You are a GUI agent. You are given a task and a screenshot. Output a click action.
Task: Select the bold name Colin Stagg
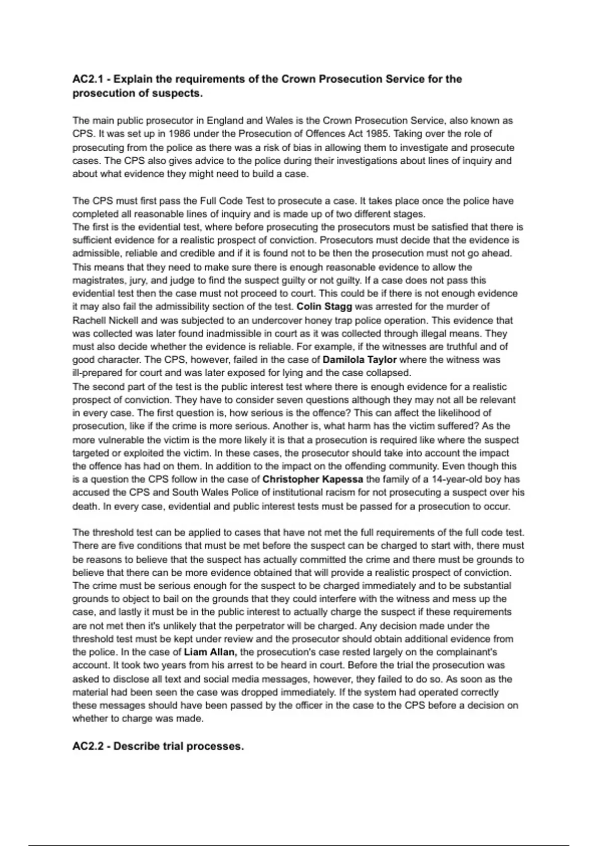[x=324, y=307]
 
